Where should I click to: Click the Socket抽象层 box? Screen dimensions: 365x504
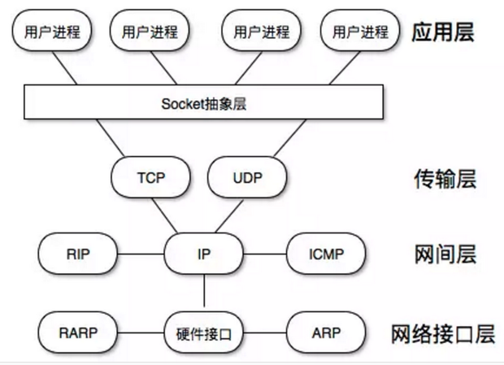pyautogui.click(x=204, y=102)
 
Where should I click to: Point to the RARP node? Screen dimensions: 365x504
pyautogui.click(x=78, y=332)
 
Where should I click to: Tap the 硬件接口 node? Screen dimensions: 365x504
pyautogui.click(x=204, y=332)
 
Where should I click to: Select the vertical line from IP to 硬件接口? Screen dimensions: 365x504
pyautogui.click(x=204, y=293)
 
